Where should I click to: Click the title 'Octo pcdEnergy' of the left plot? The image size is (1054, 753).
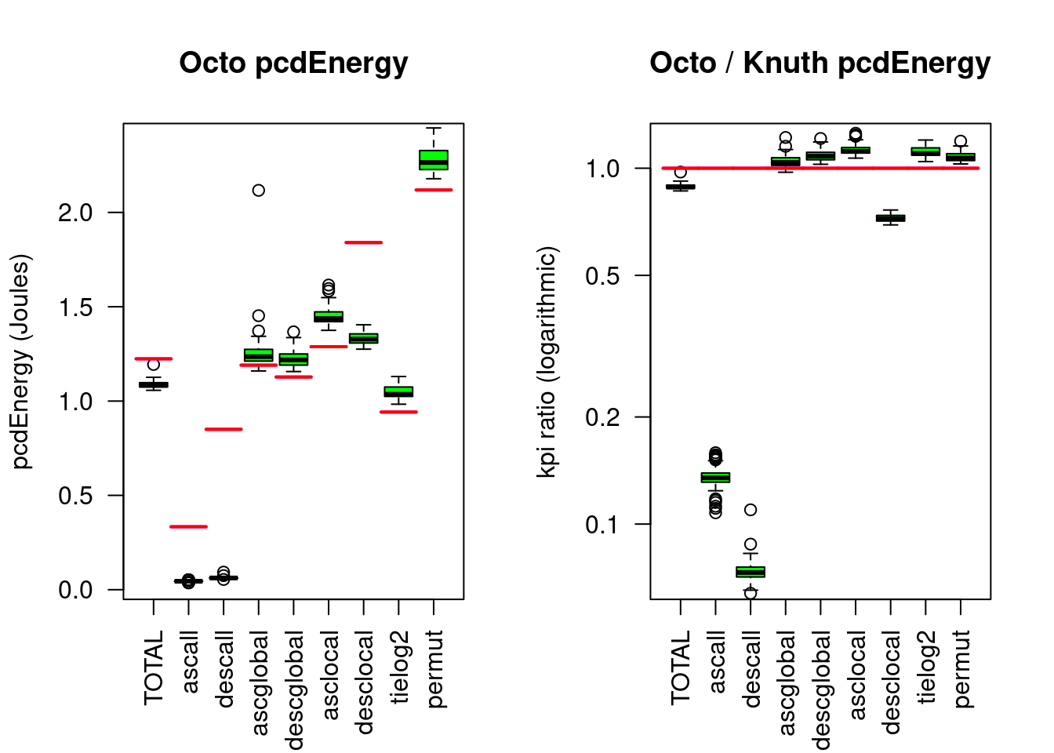point(293,63)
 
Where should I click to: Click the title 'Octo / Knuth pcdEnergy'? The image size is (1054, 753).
point(820,63)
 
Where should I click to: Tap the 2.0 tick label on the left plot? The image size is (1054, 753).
point(75,213)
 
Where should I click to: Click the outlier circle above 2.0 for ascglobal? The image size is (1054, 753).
point(258,190)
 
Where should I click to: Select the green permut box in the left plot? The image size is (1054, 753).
point(434,160)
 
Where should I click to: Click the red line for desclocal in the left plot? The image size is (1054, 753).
point(363,242)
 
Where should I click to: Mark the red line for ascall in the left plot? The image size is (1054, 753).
point(188,526)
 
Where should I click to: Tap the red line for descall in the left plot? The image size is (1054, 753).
point(224,429)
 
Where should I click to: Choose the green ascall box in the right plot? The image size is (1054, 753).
point(715,477)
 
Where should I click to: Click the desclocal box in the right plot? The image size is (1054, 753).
point(890,218)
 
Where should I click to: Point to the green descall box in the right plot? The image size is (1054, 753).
point(751,572)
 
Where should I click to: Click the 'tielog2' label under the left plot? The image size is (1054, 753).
point(400,666)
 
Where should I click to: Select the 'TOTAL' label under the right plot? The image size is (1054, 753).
point(681,667)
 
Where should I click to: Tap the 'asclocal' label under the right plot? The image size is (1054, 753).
point(857,675)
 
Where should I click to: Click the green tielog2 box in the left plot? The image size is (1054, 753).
point(398,391)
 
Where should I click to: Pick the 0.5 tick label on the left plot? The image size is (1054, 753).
point(75,496)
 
